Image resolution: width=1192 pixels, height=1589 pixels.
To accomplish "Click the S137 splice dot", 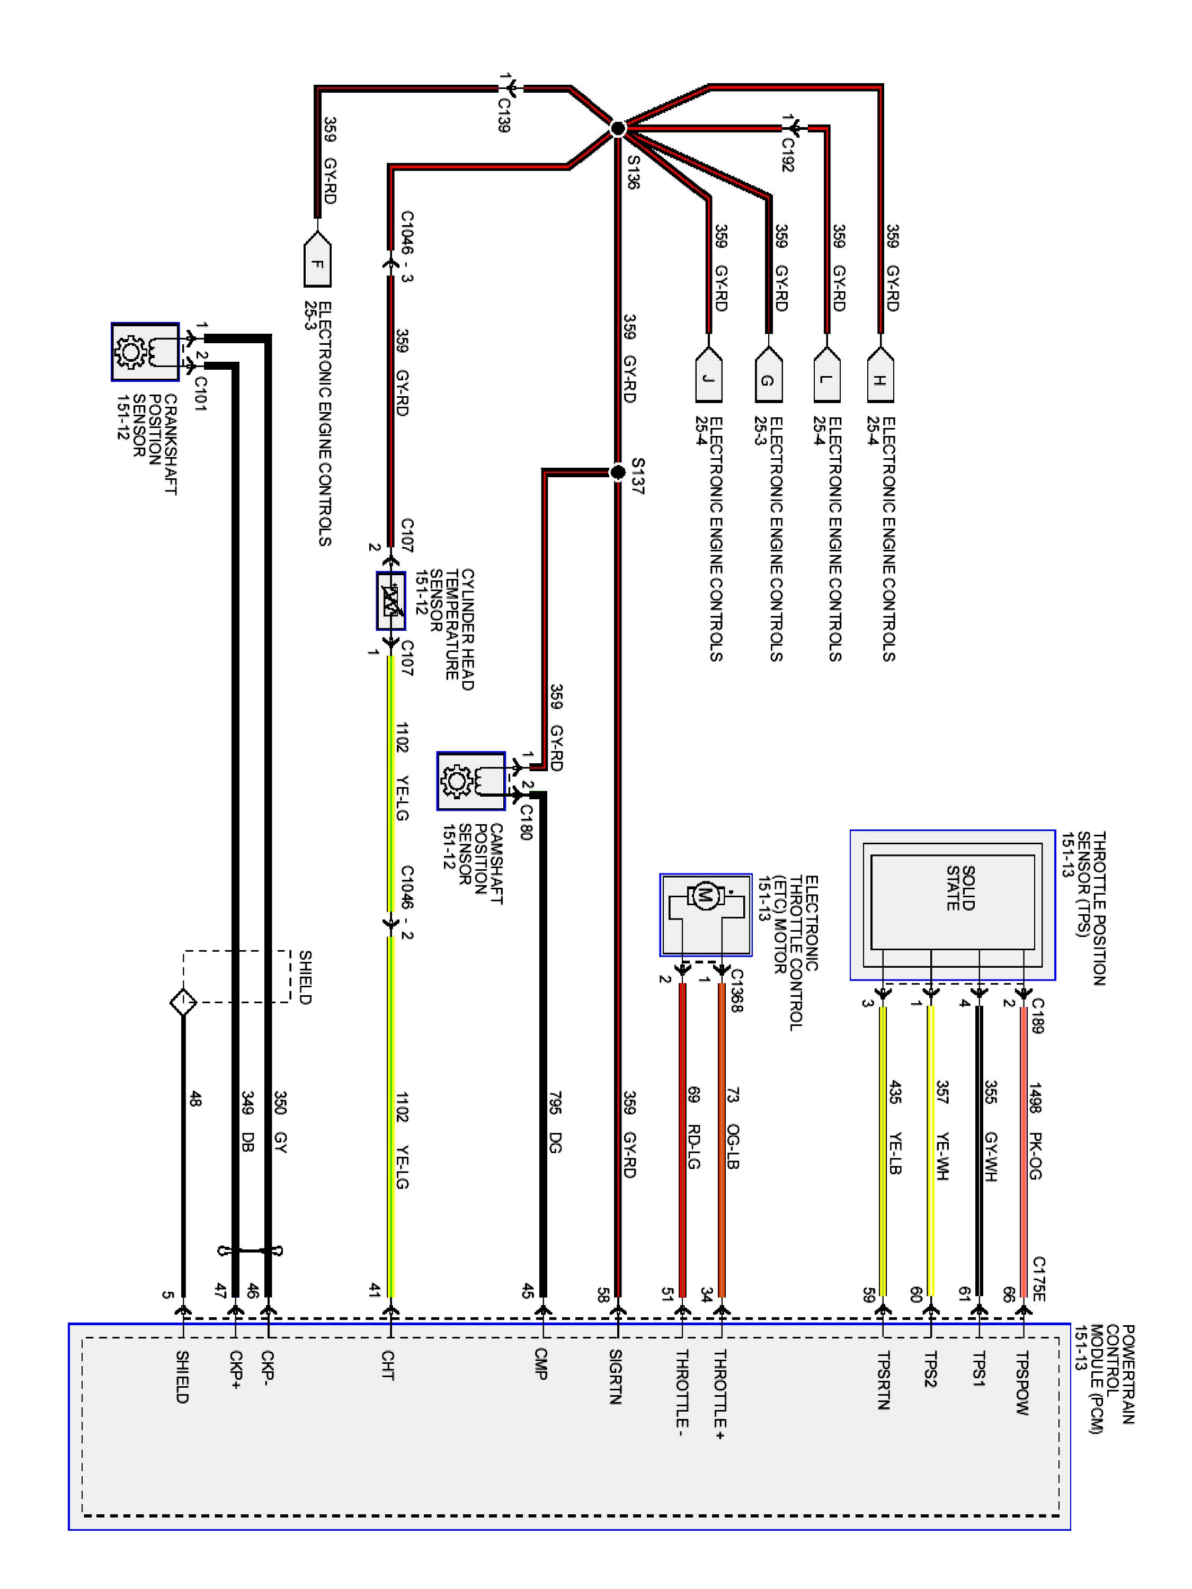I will [x=617, y=472].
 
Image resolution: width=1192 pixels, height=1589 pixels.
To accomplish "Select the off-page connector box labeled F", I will [x=317, y=262].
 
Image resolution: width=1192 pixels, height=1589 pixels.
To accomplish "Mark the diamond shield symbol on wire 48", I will [x=183, y=1002].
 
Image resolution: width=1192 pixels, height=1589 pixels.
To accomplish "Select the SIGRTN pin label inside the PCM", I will [x=615, y=1377].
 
